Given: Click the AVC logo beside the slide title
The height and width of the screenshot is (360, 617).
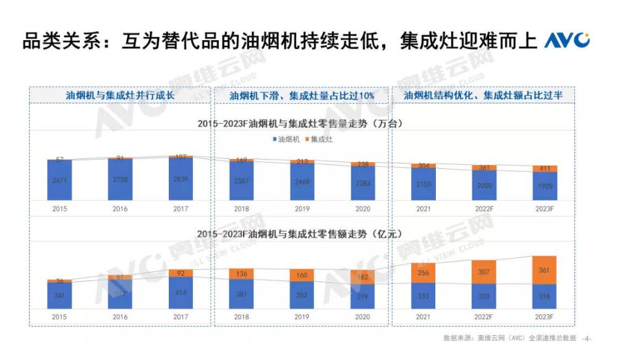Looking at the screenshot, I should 566,41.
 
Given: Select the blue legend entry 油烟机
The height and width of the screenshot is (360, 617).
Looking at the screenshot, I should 285,140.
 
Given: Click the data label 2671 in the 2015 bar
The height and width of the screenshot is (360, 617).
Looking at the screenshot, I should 59,181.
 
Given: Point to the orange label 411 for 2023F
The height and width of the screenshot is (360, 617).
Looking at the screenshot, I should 544,168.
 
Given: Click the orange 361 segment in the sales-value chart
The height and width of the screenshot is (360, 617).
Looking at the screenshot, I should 544,270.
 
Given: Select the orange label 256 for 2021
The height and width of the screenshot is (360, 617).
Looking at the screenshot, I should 423,273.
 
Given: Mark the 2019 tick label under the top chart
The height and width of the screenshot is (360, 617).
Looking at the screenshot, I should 302,209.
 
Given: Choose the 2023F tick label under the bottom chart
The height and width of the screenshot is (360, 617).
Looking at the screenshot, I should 544,317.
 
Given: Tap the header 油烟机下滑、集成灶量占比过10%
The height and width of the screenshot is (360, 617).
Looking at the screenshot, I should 302,96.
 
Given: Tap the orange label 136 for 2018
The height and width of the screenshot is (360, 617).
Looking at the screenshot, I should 241,274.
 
